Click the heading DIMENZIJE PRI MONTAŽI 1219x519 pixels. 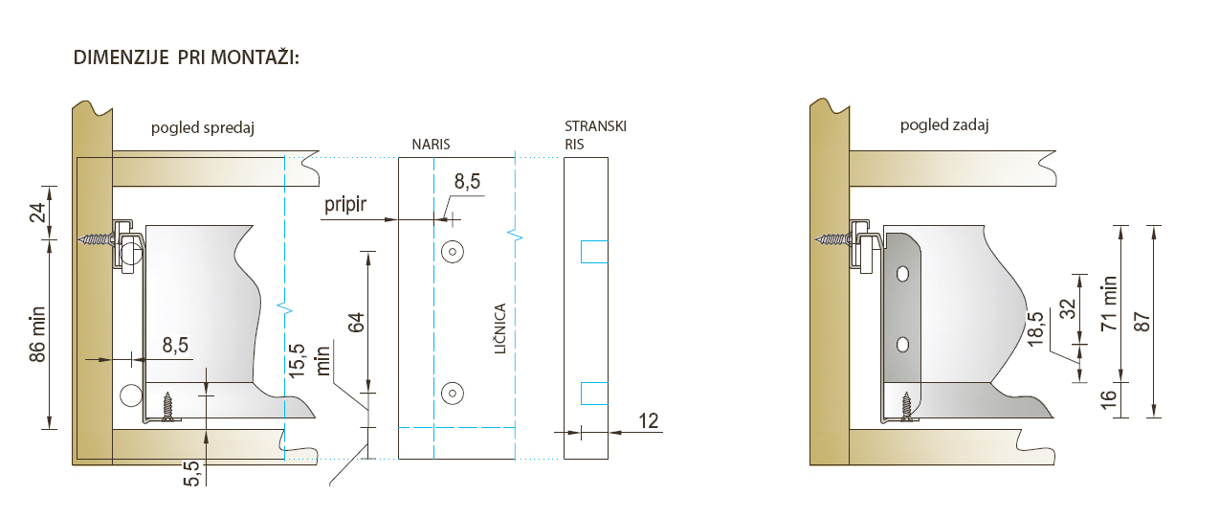[187, 57]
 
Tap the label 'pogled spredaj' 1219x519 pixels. [203, 128]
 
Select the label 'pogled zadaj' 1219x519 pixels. [944, 125]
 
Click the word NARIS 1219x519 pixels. [431, 145]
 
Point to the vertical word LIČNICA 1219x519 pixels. [500, 328]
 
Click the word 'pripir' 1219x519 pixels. [345, 204]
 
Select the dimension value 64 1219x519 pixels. [356, 323]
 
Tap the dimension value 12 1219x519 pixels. [648, 420]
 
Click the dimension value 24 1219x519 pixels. [37, 213]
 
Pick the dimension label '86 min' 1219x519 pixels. [37, 334]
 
